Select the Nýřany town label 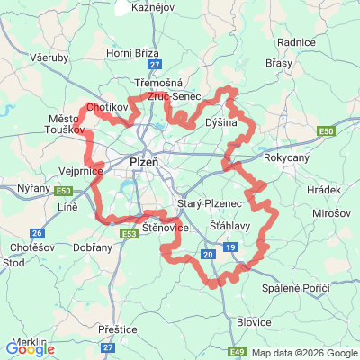point(33,187)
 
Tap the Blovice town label point(254,321)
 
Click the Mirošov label point(334,217)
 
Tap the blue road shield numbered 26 point(36,232)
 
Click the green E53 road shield point(128,234)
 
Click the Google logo point(31,348)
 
